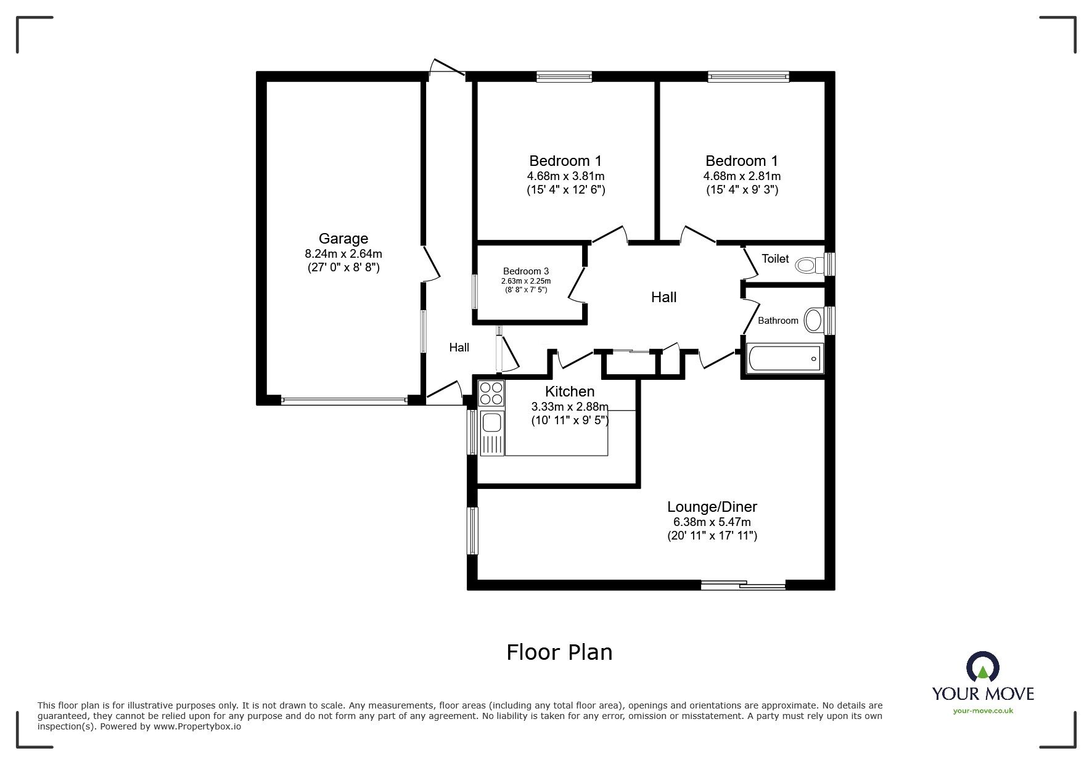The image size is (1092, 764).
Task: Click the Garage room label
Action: point(343,239)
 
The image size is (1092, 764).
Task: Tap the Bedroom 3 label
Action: point(525,271)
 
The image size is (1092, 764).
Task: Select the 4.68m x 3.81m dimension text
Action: point(565,176)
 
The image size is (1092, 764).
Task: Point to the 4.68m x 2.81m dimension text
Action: point(742,176)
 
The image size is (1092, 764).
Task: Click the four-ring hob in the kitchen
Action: point(491,393)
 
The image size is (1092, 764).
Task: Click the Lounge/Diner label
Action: point(712,507)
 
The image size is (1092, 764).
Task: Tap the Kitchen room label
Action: point(569,392)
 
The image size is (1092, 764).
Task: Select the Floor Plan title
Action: point(559,652)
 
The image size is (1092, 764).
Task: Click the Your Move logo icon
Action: point(983,668)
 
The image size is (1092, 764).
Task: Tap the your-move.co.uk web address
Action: point(983,711)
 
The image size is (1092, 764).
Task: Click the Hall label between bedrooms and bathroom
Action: point(663,297)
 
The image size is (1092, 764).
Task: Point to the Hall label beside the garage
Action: point(459,347)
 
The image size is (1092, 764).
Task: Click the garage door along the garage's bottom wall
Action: point(343,400)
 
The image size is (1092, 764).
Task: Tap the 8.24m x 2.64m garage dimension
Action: point(343,253)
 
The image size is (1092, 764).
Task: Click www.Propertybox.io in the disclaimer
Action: point(197,726)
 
